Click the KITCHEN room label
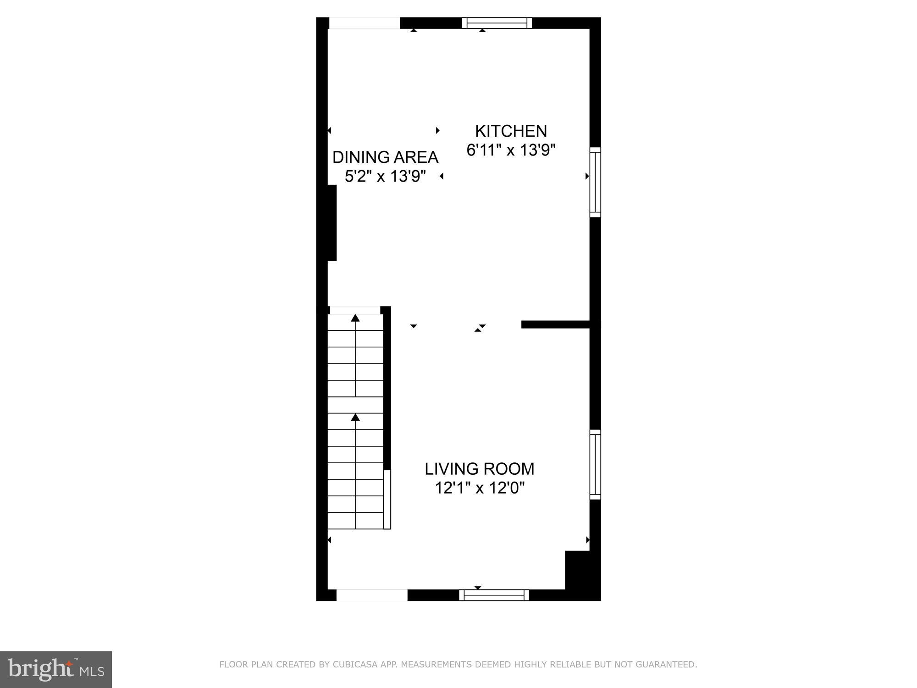click(x=511, y=131)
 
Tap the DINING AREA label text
click(x=385, y=157)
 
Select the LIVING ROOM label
click(x=479, y=469)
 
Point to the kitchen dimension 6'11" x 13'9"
click(x=511, y=150)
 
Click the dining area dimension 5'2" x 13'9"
click(x=385, y=176)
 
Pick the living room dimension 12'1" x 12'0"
click(x=479, y=488)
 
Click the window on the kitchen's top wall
click(x=497, y=23)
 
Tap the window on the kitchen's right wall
click(x=595, y=182)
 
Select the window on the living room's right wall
click(x=595, y=465)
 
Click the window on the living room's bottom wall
click(x=494, y=595)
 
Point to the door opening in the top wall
click(x=365, y=23)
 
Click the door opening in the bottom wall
click(x=372, y=595)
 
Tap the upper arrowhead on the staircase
click(x=355, y=318)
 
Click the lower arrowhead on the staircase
click(x=355, y=417)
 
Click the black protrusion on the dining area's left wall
click(x=331, y=223)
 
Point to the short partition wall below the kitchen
click(x=555, y=325)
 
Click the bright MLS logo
click(x=55, y=670)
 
